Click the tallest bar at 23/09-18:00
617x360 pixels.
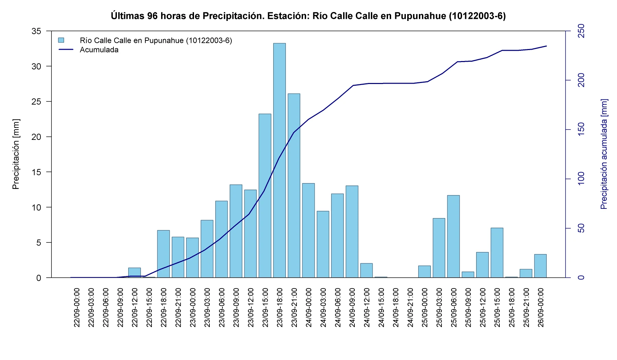(279, 160)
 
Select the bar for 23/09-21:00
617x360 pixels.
(294, 185)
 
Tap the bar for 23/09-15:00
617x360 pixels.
(265, 196)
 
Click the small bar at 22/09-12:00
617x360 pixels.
(134, 273)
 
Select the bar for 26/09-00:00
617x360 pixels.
(540, 266)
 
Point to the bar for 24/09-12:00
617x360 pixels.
(366, 271)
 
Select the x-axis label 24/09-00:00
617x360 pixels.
(308, 308)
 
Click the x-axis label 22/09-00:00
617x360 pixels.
(76, 308)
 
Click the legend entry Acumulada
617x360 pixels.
(99, 50)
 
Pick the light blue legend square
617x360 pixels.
(61, 40)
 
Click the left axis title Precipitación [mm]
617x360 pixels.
(16, 154)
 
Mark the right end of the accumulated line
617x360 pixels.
(546, 46)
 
